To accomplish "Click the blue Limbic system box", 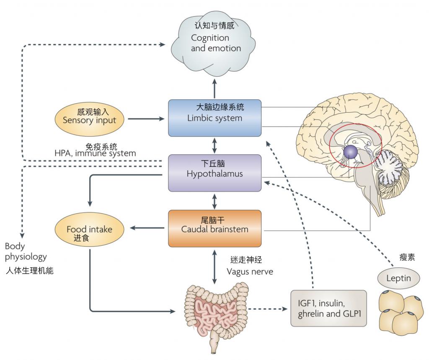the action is [215, 118].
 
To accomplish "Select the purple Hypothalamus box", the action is [215, 173].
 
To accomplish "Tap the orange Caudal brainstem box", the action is [215, 228].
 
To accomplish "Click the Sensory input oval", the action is [90, 119].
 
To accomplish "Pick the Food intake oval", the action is [90, 229].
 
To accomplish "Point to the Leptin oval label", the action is [398, 278].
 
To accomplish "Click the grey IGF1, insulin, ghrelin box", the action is [328, 308].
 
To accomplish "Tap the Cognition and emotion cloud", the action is [213, 44].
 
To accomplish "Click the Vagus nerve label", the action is [250, 272].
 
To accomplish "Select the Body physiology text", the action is [26, 251].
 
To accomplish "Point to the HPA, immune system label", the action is [95, 153].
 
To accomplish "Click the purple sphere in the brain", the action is [351, 152].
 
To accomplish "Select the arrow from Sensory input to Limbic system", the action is [146, 119].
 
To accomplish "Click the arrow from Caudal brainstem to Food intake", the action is [147, 228].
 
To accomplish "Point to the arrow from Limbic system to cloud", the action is [214, 88].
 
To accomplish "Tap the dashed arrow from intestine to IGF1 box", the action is [268, 309].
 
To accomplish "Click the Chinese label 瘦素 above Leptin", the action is [407, 257].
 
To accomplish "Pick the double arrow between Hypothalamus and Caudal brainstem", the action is [214, 201].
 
